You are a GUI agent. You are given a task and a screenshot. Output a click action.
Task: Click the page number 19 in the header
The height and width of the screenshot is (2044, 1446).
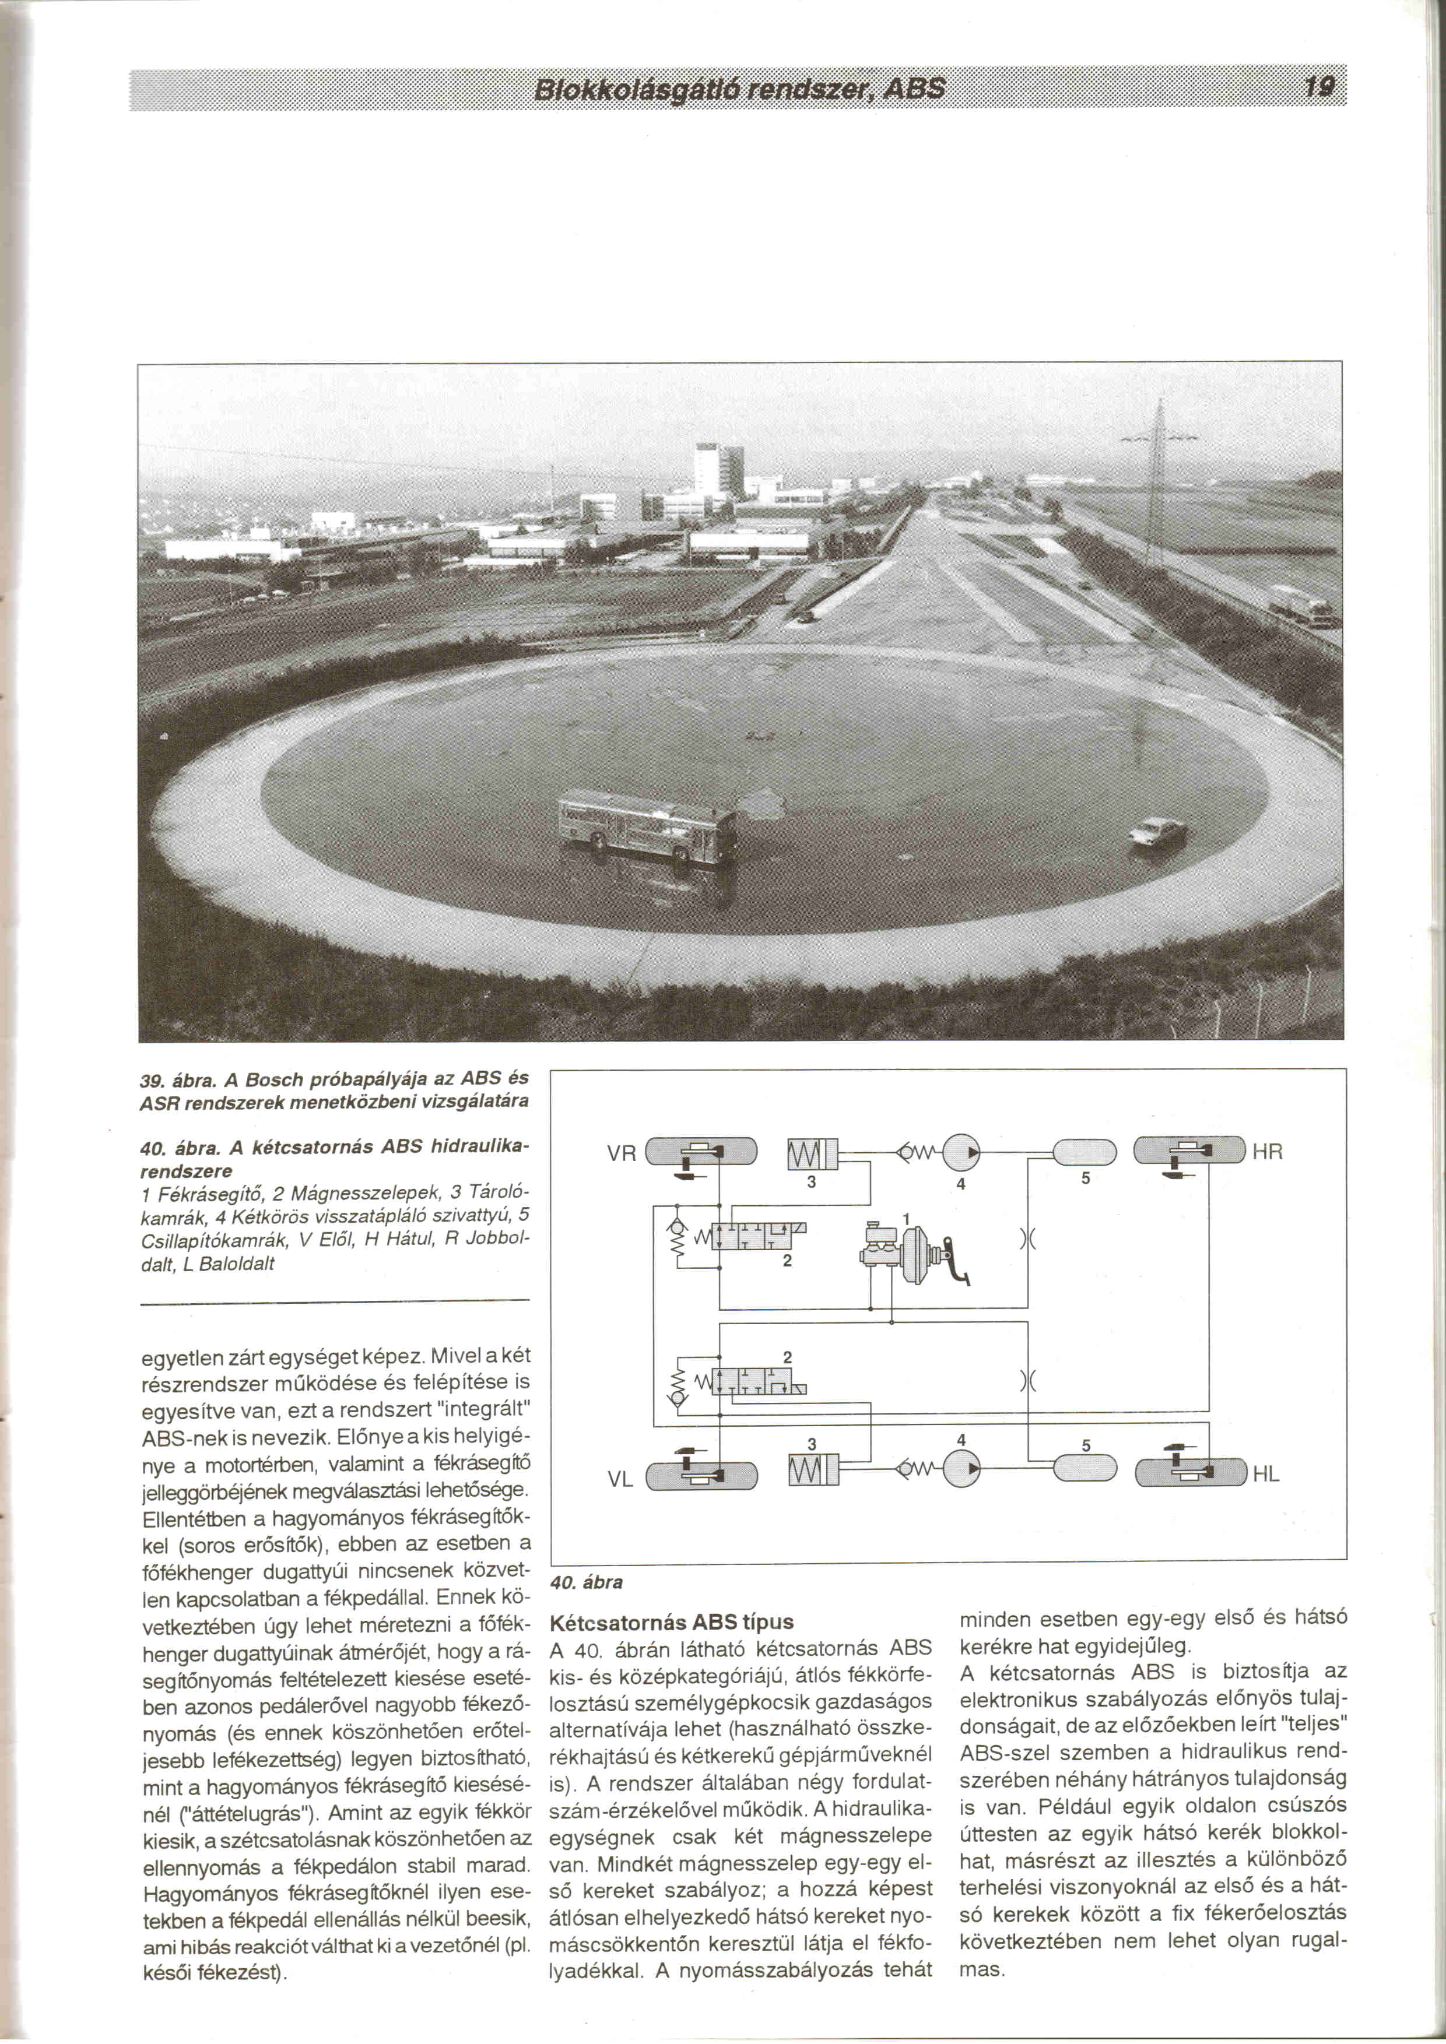1318,86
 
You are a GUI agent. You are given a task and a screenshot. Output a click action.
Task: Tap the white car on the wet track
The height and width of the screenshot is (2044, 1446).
1157,832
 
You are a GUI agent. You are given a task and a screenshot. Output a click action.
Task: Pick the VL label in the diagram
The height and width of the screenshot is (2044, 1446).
620,1480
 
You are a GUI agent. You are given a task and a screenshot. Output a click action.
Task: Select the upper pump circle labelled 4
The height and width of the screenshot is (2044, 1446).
960,1151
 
